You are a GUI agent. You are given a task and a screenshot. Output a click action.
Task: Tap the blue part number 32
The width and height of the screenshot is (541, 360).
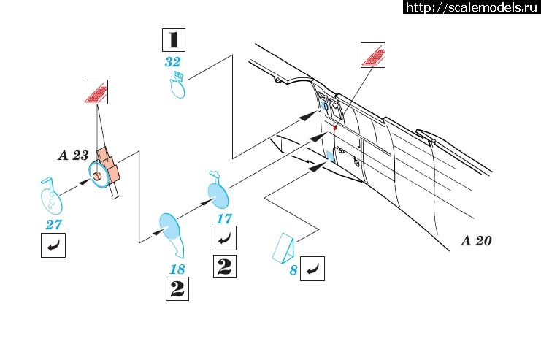(x=173, y=63)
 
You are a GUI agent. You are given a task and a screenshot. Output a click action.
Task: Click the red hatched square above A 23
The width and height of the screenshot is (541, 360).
(x=95, y=92)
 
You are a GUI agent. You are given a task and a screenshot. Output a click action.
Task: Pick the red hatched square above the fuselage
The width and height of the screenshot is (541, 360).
(x=373, y=54)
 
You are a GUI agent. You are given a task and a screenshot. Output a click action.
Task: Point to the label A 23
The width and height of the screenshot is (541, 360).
(x=73, y=155)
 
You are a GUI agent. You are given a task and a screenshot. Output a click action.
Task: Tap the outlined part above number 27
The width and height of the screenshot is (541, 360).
(x=50, y=196)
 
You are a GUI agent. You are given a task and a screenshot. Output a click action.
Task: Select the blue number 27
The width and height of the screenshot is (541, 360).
(x=53, y=225)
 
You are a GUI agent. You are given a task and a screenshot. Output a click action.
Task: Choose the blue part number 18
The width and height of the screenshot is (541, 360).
(x=177, y=269)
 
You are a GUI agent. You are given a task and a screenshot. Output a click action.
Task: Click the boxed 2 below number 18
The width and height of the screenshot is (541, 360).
(x=177, y=290)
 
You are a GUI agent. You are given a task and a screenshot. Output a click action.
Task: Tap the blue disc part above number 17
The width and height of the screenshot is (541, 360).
(x=219, y=193)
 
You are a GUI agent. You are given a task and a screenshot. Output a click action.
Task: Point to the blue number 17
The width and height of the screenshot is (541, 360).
(x=224, y=218)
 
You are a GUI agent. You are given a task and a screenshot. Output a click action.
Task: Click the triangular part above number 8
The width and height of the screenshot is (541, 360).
(x=287, y=248)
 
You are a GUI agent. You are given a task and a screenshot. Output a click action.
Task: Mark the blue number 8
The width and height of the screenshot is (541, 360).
(x=293, y=271)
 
